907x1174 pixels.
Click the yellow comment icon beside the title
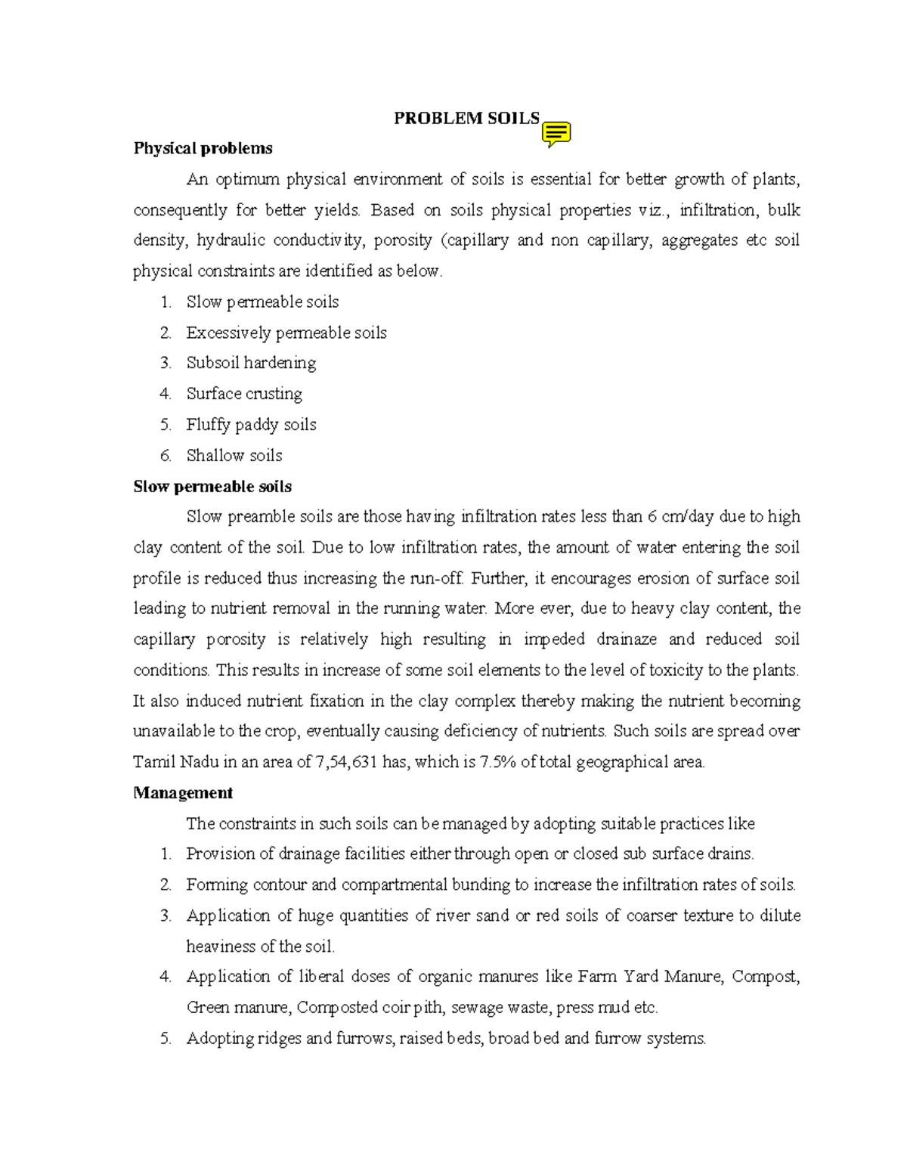[556, 133]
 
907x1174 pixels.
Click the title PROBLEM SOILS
[466, 118]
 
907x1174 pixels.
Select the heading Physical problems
[203, 148]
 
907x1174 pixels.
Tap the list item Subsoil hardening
[251, 363]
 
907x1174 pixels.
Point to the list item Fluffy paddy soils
[251, 425]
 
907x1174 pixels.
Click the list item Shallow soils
[234, 456]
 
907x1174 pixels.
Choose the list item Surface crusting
[244, 394]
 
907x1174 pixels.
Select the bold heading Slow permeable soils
[212, 487]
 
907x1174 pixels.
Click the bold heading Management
[183, 793]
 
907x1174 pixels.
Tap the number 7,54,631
[346, 762]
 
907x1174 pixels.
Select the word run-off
[435, 578]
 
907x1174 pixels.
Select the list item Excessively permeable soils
[286, 333]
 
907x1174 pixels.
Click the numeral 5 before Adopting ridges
[166, 1039]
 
